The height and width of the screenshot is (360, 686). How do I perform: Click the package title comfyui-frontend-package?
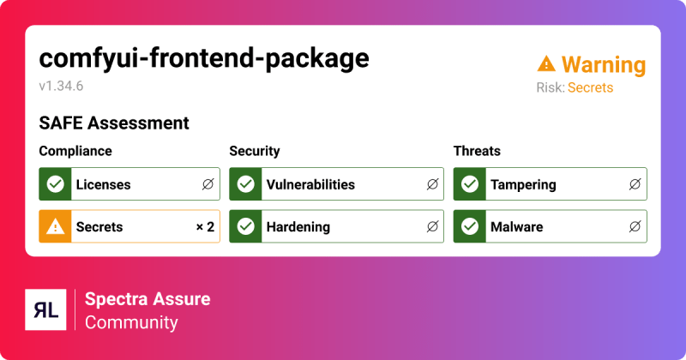[x=204, y=58]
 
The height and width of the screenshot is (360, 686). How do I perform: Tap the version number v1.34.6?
[x=61, y=86]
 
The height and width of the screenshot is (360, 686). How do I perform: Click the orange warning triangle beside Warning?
[x=546, y=64]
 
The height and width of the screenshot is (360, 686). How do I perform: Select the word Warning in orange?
[x=604, y=64]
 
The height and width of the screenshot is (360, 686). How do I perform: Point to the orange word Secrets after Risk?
[x=590, y=87]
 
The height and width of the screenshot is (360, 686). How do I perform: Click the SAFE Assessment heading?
[x=114, y=123]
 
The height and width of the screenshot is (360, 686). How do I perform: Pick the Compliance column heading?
[x=75, y=151]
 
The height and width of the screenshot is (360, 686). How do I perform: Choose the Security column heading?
[x=255, y=151]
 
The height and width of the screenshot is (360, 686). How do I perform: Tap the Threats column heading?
[x=477, y=151]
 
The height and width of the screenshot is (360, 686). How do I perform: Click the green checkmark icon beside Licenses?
[x=56, y=184]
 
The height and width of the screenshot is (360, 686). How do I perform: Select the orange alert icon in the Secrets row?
[x=56, y=227]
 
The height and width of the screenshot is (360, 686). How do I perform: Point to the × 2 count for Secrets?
[x=204, y=227]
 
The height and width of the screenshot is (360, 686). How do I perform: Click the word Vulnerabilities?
[x=310, y=184]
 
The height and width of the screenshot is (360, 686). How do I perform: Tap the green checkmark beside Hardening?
[x=246, y=227]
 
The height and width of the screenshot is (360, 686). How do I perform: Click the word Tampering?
[x=523, y=184]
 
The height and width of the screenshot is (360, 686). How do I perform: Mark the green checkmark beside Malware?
[x=470, y=227]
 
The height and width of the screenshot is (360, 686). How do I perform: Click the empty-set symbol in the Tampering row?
[x=635, y=184]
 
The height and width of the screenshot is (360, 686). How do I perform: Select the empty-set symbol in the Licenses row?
[x=208, y=184]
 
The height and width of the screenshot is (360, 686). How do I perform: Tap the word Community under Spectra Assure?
[x=131, y=323]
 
